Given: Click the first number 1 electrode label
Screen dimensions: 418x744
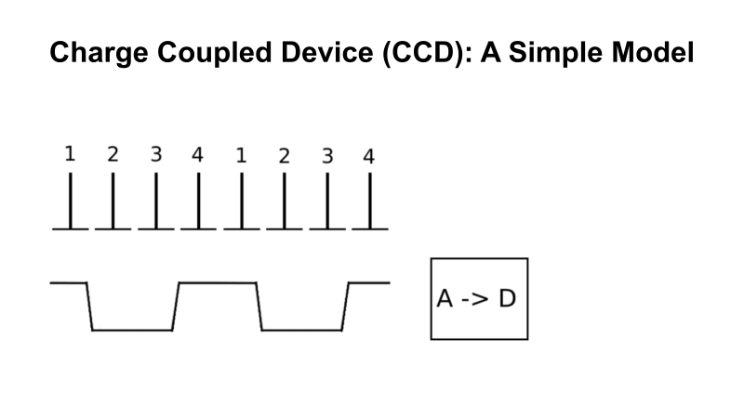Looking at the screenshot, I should point(70,154).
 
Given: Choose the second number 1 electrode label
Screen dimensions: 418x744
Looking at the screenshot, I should point(240,156).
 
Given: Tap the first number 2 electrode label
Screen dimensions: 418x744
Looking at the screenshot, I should point(113,154).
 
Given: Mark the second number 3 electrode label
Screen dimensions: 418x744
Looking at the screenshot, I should point(326,156).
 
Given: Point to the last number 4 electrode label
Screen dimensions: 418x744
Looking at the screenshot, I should point(369,156).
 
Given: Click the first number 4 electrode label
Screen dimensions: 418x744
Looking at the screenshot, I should point(197,154).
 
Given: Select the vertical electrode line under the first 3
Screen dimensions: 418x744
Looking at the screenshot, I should point(155,202).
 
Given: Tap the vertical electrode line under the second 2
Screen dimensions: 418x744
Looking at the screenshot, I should point(284,202).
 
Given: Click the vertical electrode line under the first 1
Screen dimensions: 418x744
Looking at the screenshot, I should point(70,202).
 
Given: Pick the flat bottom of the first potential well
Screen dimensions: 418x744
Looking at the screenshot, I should point(132,328).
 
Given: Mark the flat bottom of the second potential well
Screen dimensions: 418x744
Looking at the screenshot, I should point(301,328).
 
